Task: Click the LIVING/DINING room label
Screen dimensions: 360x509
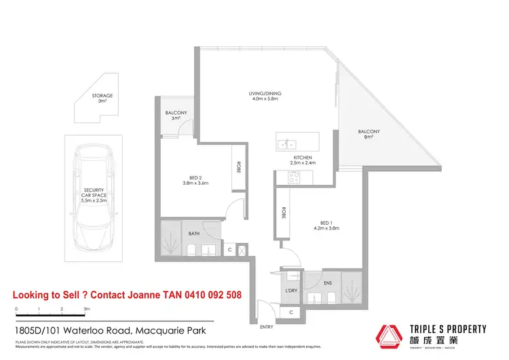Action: [x=264, y=93]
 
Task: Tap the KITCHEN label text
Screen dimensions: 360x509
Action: [x=302, y=156]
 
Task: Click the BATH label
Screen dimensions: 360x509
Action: [x=194, y=234]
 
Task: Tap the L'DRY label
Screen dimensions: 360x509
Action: [x=291, y=290]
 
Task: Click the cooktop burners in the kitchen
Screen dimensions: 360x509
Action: [x=295, y=177]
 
